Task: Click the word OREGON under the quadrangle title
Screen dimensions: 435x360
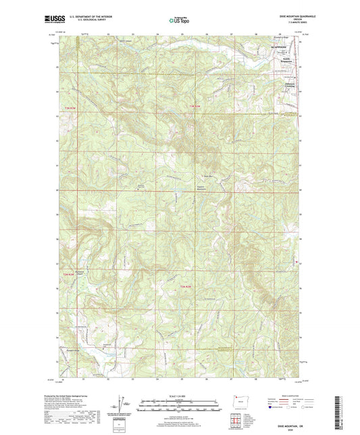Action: (x=287, y=21)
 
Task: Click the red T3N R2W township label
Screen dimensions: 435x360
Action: (x=195, y=107)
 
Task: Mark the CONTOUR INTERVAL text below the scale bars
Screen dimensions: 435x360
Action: (x=179, y=413)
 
